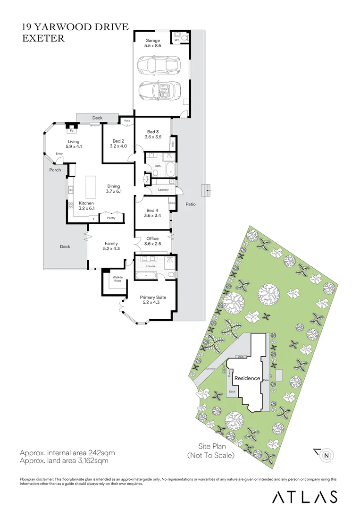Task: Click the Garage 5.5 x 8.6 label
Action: point(152,44)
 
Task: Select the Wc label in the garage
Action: point(177,40)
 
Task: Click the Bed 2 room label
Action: point(118,144)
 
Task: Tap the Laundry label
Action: point(163,189)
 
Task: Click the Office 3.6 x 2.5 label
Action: point(152,241)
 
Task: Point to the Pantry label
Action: point(111,218)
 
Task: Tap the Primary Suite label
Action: point(153,300)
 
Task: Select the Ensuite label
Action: point(151,266)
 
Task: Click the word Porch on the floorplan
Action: point(55,170)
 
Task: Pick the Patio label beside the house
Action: point(190,204)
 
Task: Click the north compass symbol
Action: point(326,455)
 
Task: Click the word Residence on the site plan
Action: point(247,378)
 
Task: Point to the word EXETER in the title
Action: point(43,39)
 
